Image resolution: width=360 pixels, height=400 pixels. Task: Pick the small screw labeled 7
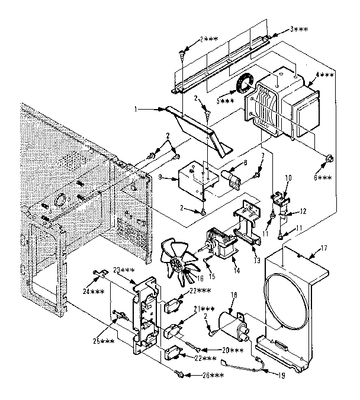pyautogui.click(x=256, y=174)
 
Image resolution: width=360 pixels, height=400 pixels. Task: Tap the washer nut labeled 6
pyautogui.click(x=327, y=158)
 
